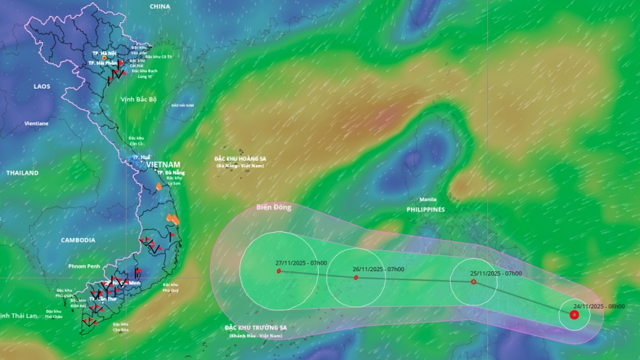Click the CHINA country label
[x=159, y=7]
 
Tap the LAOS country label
[x=42, y=86]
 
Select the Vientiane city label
[x=36, y=124]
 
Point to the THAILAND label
[x=22, y=173]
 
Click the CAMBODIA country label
[x=78, y=240]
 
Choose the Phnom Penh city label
[x=84, y=266]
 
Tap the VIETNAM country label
[x=163, y=165]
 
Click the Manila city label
[x=428, y=199]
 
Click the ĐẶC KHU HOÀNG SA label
[x=240, y=158]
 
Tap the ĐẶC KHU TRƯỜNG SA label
[x=256, y=328]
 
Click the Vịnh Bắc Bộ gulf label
[x=139, y=100]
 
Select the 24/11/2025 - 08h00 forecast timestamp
[x=599, y=306]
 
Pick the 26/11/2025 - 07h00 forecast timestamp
[x=378, y=269]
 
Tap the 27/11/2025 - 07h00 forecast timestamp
[x=301, y=263]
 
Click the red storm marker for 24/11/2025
[x=575, y=315]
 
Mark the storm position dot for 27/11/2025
[x=279, y=271]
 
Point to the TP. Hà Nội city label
[x=104, y=53]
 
